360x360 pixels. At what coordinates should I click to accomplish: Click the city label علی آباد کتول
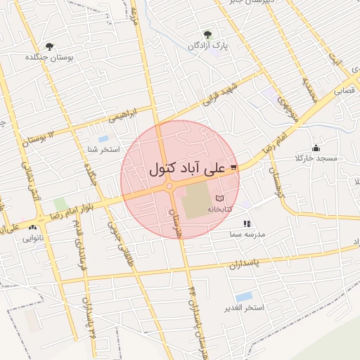tap(187, 169)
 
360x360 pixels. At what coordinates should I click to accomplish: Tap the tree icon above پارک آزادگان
tap(207, 34)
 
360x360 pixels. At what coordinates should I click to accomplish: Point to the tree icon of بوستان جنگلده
tap(49, 46)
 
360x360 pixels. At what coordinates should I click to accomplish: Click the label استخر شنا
tap(103, 150)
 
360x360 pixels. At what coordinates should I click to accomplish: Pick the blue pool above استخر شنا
tap(103, 139)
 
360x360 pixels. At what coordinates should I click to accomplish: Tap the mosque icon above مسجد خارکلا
tap(316, 148)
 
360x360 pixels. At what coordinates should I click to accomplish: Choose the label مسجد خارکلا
tap(317, 158)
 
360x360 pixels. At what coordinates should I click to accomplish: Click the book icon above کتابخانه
tap(220, 198)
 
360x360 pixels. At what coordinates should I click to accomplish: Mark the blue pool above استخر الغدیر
tap(244, 297)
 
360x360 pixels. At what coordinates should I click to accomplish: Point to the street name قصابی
tap(344, 91)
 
